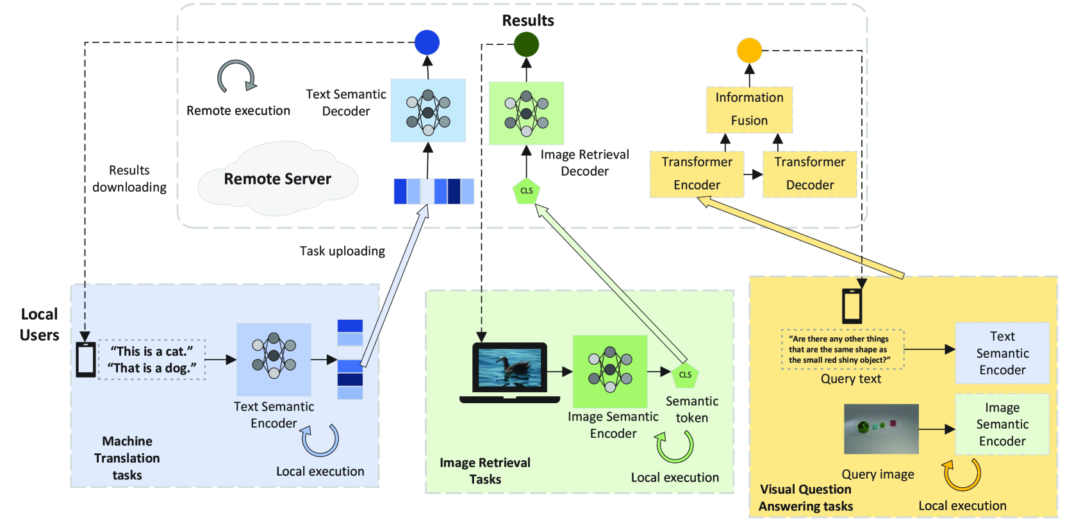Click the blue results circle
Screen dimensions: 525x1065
(x=427, y=42)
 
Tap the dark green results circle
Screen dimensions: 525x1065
(x=526, y=44)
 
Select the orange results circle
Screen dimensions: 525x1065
(x=749, y=50)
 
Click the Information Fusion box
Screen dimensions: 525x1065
(x=749, y=110)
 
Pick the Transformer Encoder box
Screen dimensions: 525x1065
(x=697, y=174)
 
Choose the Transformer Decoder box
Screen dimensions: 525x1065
(x=809, y=174)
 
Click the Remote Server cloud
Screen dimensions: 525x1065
(x=277, y=179)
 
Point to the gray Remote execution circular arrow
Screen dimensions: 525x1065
(x=236, y=78)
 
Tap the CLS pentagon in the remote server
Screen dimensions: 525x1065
(x=526, y=190)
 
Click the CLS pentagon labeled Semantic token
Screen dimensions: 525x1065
(x=685, y=375)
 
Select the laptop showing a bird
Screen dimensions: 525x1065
(x=509, y=372)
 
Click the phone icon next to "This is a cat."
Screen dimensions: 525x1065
(x=86, y=359)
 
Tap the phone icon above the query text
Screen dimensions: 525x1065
(x=852, y=306)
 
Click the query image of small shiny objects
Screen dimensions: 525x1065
(x=881, y=428)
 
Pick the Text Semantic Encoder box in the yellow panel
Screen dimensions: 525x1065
(x=1002, y=353)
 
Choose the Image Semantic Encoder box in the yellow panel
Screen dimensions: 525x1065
(x=1002, y=424)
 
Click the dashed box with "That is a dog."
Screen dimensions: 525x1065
(x=152, y=360)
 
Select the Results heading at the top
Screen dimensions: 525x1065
(x=527, y=21)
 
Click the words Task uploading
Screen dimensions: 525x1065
(x=342, y=251)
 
